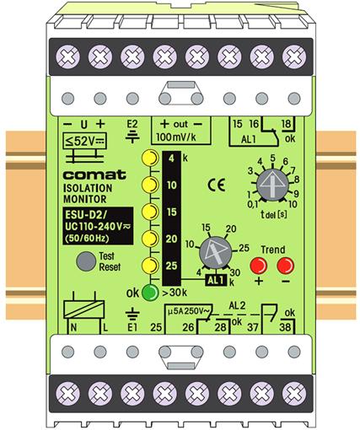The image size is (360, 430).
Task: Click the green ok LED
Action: click(150, 293)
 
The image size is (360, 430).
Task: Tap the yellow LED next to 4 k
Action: click(150, 158)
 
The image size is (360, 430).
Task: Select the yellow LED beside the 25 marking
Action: click(150, 265)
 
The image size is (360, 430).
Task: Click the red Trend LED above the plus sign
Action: click(259, 266)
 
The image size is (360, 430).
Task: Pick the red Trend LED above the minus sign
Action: click(286, 266)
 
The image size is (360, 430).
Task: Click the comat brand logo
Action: click(94, 175)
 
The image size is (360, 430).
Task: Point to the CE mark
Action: click(217, 185)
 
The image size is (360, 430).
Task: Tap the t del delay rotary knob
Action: click(272, 185)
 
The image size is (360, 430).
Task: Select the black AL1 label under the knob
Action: click(216, 280)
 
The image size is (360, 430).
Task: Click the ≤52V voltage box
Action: click(84, 141)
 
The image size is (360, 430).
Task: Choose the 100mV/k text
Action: click(176, 137)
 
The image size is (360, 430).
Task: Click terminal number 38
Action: click(285, 327)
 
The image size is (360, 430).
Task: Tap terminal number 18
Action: click(286, 124)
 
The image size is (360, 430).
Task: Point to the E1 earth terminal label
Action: click(132, 327)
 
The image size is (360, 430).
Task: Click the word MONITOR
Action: click(85, 199)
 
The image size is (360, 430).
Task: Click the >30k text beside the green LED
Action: click(175, 293)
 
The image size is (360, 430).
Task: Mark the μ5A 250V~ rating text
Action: click(189, 312)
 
